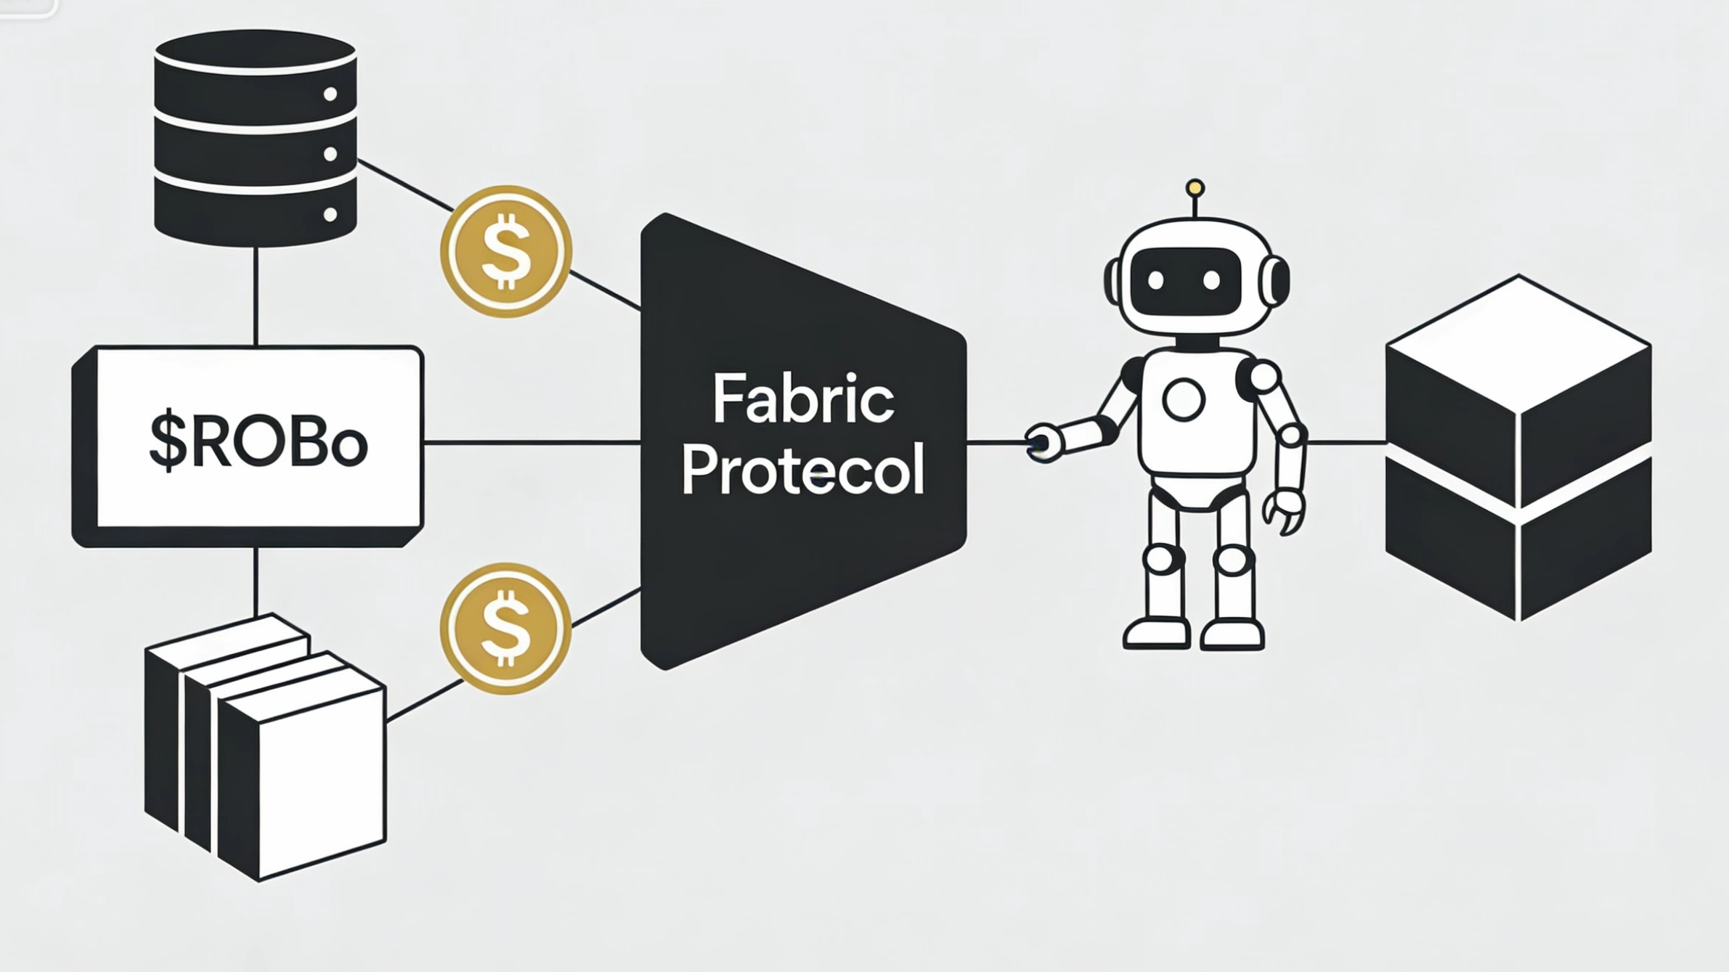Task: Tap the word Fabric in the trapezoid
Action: coord(802,399)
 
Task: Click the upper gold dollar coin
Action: coord(506,251)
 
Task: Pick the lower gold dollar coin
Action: coord(505,629)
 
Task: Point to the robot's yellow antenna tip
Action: coord(1195,189)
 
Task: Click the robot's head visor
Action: coord(1184,280)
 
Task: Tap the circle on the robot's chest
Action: coord(1184,399)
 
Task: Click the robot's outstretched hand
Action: coord(1043,441)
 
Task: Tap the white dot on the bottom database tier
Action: coord(330,215)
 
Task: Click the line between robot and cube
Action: coord(1347,441)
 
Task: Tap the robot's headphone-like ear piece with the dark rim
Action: coord(1274,280)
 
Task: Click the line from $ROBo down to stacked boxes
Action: coord(256,581)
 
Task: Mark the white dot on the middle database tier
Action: coord(330,154)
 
